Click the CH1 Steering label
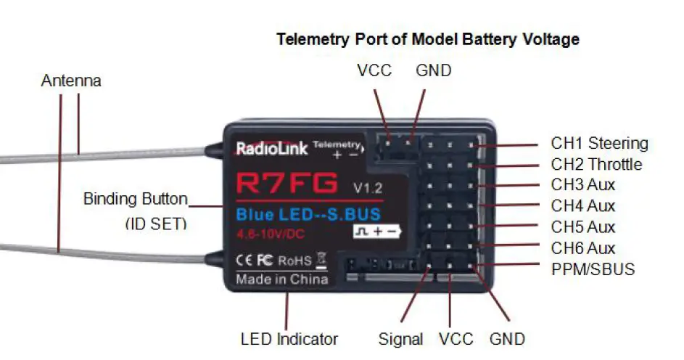coord(599,143)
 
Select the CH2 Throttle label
coord(596,165)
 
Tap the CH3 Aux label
coord(582,186)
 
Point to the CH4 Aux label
coord(582,207)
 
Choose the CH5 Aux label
coord(582,228)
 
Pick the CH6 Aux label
coord(582,248)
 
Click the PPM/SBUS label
coord(593,269)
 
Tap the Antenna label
coord(71,81)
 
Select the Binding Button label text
coord(136,198)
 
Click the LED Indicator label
coord(289,339)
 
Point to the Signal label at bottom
coord(400,339)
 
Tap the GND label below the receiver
coord(507,339)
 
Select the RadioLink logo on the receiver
coord(271,150)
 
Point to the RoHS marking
coord(294,260)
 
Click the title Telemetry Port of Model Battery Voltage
coord(428,39)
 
